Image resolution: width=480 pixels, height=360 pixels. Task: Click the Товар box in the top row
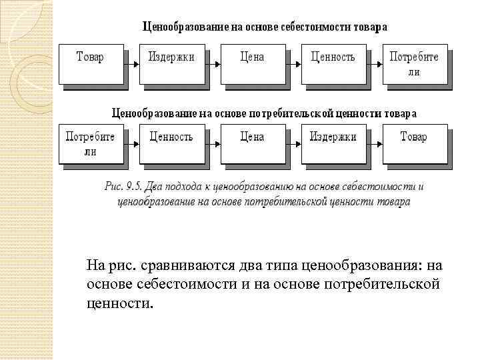[91, 64]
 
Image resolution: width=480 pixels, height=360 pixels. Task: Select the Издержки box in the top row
[171, 64]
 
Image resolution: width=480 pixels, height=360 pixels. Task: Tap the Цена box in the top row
[252, 64]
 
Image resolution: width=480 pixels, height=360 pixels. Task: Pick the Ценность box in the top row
[333, 64]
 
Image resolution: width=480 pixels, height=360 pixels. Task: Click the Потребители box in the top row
[414, 64]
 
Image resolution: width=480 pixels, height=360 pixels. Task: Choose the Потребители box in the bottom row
[91, 143]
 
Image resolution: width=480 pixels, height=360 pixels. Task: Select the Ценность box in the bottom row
[171, 143]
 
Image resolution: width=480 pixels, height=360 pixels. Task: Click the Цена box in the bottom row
[252, 143]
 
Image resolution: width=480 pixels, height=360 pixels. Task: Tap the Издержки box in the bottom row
[333, 143]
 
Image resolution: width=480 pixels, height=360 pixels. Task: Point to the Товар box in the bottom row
[414, 143]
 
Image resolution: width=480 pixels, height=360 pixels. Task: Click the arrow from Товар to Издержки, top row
[132, 64]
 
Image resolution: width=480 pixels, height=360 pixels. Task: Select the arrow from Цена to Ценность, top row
[293, 64]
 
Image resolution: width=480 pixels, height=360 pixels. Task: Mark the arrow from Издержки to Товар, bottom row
[374, 143]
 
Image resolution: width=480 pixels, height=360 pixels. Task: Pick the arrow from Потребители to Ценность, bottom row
[132, 143]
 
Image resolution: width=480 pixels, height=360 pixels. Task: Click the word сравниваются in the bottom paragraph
[177, 267]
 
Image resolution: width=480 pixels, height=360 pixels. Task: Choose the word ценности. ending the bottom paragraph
[119, 304]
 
